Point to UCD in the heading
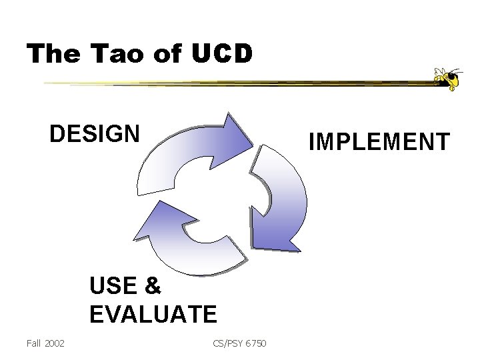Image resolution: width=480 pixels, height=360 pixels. pos(219,53)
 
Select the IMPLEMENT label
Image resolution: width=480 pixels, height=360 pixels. pos(379,141)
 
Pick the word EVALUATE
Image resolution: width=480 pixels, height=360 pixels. pos(152,312)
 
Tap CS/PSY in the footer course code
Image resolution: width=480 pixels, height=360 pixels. pos(228,343)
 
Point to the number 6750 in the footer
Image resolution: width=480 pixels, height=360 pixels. pos(256,343)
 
